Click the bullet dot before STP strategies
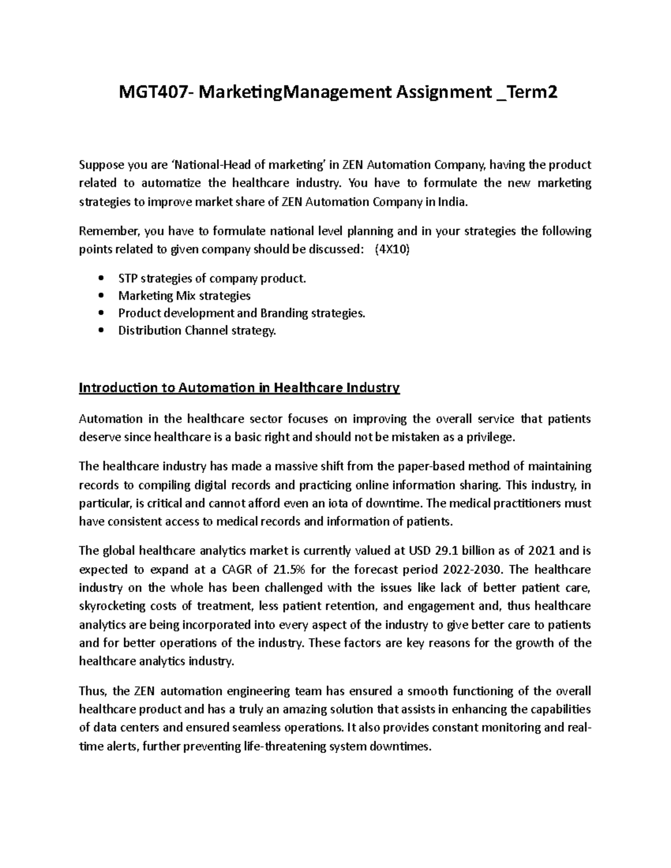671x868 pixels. point(101,278)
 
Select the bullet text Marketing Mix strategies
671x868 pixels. point(184,296)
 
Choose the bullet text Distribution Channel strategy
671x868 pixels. point(197,330)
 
